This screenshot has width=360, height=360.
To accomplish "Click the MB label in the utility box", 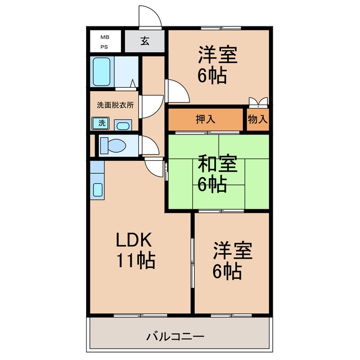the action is click(105, 37).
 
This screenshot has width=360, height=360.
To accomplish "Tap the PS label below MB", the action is click(104, 47).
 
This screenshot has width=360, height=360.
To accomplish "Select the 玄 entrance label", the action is click(145, 41).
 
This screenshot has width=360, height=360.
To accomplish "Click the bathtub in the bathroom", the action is click(101, 71).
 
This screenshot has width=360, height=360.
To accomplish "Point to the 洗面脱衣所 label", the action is click(115, 105).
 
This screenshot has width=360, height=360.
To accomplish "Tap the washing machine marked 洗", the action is click(101, 123).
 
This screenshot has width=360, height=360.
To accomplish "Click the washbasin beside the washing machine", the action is click(123, 125).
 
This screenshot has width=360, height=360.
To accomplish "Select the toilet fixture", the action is click(113, 145).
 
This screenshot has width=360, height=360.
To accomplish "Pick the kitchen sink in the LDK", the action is click(98, 190).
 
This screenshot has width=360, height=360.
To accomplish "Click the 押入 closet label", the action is click(205, 119).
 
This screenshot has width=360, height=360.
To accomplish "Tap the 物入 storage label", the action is click(258, 119).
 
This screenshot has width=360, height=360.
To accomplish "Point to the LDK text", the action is click(134, 240).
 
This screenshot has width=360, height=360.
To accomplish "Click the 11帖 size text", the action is click(136, 260).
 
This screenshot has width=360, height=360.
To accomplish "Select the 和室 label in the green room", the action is click(218, 164).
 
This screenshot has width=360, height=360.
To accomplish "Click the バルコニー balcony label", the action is click(175, 337).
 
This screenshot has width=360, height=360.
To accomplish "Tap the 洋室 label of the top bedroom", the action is click(218, 55).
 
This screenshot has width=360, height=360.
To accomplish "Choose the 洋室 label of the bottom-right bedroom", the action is click(232, 250).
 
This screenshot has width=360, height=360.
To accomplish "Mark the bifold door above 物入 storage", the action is click(259, 102).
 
